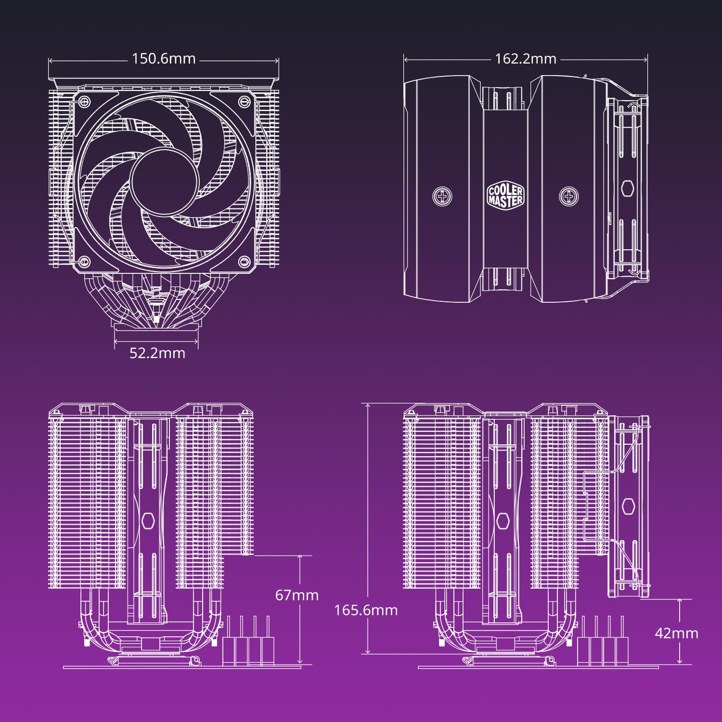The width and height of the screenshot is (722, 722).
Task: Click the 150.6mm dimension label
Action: tap(164, 59)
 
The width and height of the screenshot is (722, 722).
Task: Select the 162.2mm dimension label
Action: tap(526, 59)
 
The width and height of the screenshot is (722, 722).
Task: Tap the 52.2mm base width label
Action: tap(157, 353)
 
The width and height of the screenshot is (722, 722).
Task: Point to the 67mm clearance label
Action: tap(297, 595)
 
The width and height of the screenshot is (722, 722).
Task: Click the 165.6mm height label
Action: tap(366, 610)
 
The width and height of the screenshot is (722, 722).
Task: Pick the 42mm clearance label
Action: tap(676, 633)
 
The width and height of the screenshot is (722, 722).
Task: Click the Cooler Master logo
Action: tap(505, 195)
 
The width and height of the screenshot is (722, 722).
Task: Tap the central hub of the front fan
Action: tap(164, 181)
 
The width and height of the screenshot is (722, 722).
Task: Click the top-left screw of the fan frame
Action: tap(85, 101)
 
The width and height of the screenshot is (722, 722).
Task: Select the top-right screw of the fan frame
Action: tap(244, 101)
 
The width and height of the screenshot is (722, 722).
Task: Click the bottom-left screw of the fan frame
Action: tap(85, 262)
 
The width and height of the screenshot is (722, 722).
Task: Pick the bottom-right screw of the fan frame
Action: tap(244, 262)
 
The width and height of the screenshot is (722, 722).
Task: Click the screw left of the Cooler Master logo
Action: tap(442, 196)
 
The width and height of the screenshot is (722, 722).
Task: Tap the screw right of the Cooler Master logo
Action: tap(568, 196)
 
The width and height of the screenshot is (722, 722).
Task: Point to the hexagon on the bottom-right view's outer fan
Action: tap(628, 506)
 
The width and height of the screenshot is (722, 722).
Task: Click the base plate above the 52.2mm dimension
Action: tap(156, 326)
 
